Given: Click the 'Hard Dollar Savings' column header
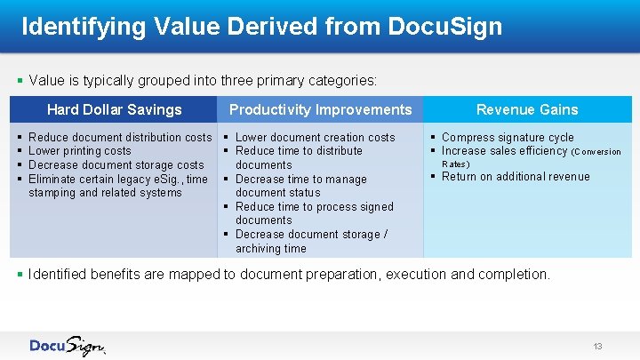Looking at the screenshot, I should pos(114,110).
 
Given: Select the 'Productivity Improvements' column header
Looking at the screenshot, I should pos(321,110).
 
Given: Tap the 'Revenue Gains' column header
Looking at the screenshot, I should pos(527,110).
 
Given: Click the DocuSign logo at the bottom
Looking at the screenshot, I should pos(68,346).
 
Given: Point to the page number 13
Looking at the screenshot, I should pos(597,346).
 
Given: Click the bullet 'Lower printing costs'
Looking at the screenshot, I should pos(80,151).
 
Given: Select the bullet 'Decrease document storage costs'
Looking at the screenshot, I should pos(116,164).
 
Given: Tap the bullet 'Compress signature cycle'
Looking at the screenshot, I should pos(508,138).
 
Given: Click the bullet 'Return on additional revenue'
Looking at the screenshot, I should pos(516,177).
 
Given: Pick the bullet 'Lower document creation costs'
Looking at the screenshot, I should pos(315,138).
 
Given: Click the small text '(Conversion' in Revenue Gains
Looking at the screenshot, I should pos(596,152).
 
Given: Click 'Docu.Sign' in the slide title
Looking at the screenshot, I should pos(445,27).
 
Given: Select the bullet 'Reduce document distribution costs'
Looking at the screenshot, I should pos(120,138).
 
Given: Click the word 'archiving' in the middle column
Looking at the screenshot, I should pos(258,249).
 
